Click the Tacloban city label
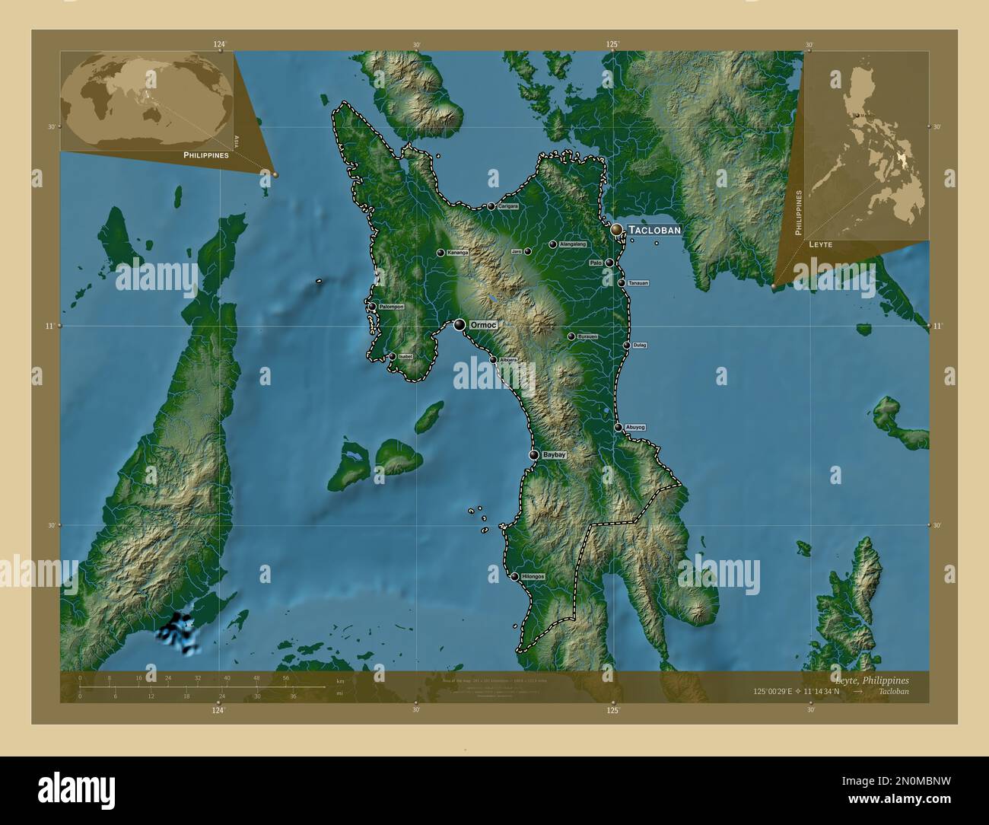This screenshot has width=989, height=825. [654, 229]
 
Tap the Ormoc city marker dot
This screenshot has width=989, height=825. [460, 325]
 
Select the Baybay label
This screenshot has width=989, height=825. [555, 454]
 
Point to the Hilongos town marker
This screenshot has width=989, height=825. [515, 577]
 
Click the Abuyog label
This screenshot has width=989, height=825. [635, 428]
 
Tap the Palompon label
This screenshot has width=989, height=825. [391, 307]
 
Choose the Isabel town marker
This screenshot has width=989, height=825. [392, 356]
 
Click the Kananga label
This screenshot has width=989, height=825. [457, 253]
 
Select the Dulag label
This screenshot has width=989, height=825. [639, 346]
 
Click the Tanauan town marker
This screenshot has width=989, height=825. [622, 283]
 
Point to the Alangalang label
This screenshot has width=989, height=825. [572, 244]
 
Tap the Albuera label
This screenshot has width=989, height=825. [507, 360]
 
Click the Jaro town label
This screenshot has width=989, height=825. [516, 251]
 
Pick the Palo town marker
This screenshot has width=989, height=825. [609, 263]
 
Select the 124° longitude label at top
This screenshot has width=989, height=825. [220, 44]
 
